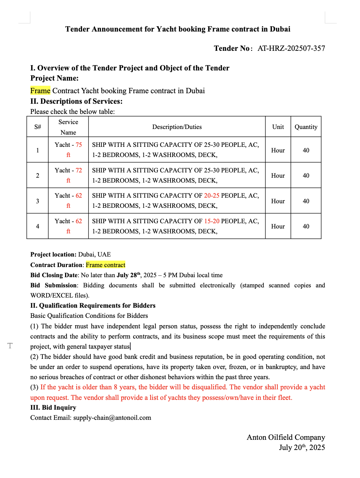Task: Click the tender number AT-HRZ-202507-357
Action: (291, 48)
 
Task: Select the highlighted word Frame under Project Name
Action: (40, 91)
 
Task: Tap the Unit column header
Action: (278, 127)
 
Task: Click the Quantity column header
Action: (306, 127)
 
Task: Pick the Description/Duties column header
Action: (177, 127)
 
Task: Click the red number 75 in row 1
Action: (79, 145)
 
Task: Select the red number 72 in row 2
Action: (79, 170)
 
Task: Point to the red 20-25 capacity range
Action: (212, 196)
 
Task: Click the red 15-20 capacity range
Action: (212, 221)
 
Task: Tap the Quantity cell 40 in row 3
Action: (306, 201)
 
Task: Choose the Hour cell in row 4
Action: (278, 226)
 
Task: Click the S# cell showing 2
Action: (37, 176)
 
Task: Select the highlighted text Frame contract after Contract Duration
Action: (105, 265)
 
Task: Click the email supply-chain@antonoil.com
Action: (112, 418)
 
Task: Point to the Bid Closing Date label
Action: (54, 275)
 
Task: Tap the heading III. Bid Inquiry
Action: (53, 408)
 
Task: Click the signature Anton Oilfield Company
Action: (286, 437)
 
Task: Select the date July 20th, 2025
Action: (302, 448)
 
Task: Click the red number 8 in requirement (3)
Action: (116, 387)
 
